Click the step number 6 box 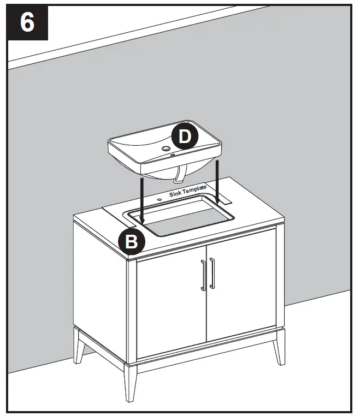[x=28, y=23]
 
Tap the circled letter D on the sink [x=185, y=137]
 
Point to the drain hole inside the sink [x=166, y=148]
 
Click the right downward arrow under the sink [x=217, y=180]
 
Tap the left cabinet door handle [x=203, y=276]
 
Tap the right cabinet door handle [x=212, y=275]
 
